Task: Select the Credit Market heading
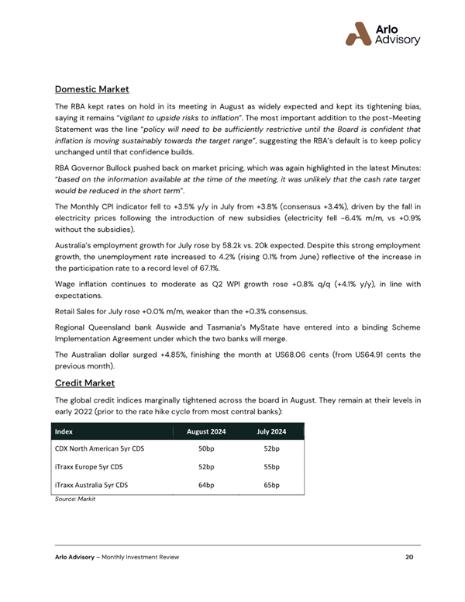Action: pyautogui.click(x=85, y=383)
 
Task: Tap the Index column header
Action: pyautogui.click(x=64, y=431)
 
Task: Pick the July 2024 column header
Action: pyautogui.click(x=271, y=431)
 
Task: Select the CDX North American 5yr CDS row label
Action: pyautogui.click(x=99, y=449)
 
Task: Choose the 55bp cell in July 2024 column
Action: pyautogui.click(x=271, y=468)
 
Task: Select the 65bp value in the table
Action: pyautogui.click(x=271, y=486)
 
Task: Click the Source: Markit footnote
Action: pyautogui.click(x=74, y=500)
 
